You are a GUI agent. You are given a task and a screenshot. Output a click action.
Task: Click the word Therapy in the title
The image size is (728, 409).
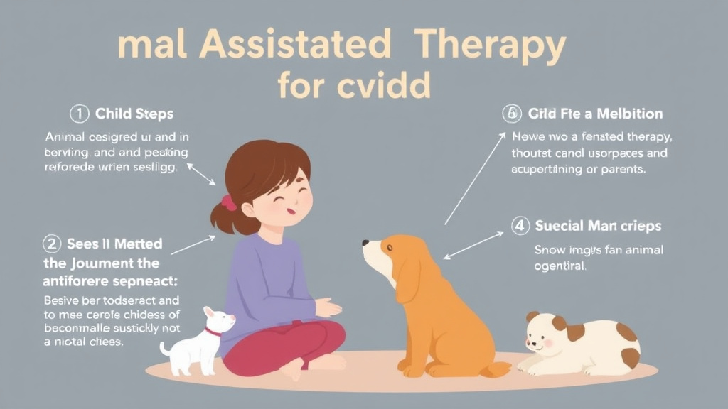coord(491,46)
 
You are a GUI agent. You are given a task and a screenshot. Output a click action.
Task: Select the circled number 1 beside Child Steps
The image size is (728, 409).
coord(78,114)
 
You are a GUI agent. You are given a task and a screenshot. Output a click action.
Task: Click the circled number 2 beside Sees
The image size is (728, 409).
coord(52,244)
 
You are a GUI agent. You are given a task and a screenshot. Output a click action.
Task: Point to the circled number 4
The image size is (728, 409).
coord(520,227)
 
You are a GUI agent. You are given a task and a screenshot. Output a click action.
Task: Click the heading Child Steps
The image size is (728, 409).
coord(134,114)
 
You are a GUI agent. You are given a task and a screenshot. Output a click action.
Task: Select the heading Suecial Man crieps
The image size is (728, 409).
coord(597,227)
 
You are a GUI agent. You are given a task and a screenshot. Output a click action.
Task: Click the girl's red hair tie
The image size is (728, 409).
coord(228,203)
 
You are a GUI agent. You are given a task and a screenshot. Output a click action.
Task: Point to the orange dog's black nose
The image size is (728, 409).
coord(365,243)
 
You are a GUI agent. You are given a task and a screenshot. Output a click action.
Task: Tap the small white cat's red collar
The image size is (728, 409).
coord(212,332)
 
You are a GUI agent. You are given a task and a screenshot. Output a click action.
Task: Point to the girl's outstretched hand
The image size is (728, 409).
coord(328,308)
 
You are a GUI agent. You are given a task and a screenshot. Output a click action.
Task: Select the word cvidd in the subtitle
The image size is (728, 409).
coord(392,86)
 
